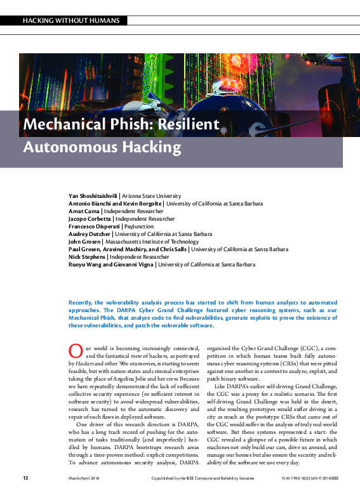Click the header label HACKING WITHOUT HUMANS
click(x=70, y=20)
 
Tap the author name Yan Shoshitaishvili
click(x=93, y=197)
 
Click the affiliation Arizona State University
click(x=151, y=197)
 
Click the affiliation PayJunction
click(x=139, y=226)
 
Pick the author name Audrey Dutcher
click(x=90, y=234)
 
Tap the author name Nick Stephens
click(x=87, y=257)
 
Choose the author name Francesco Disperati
click(x=94, y=226)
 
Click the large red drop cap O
click(x=75, y=351)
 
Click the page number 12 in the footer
click(x=25, y=478)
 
